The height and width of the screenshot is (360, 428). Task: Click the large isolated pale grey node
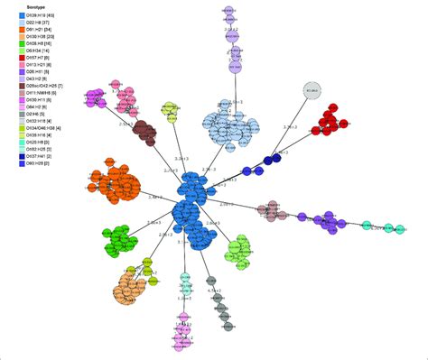(312, 92)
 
